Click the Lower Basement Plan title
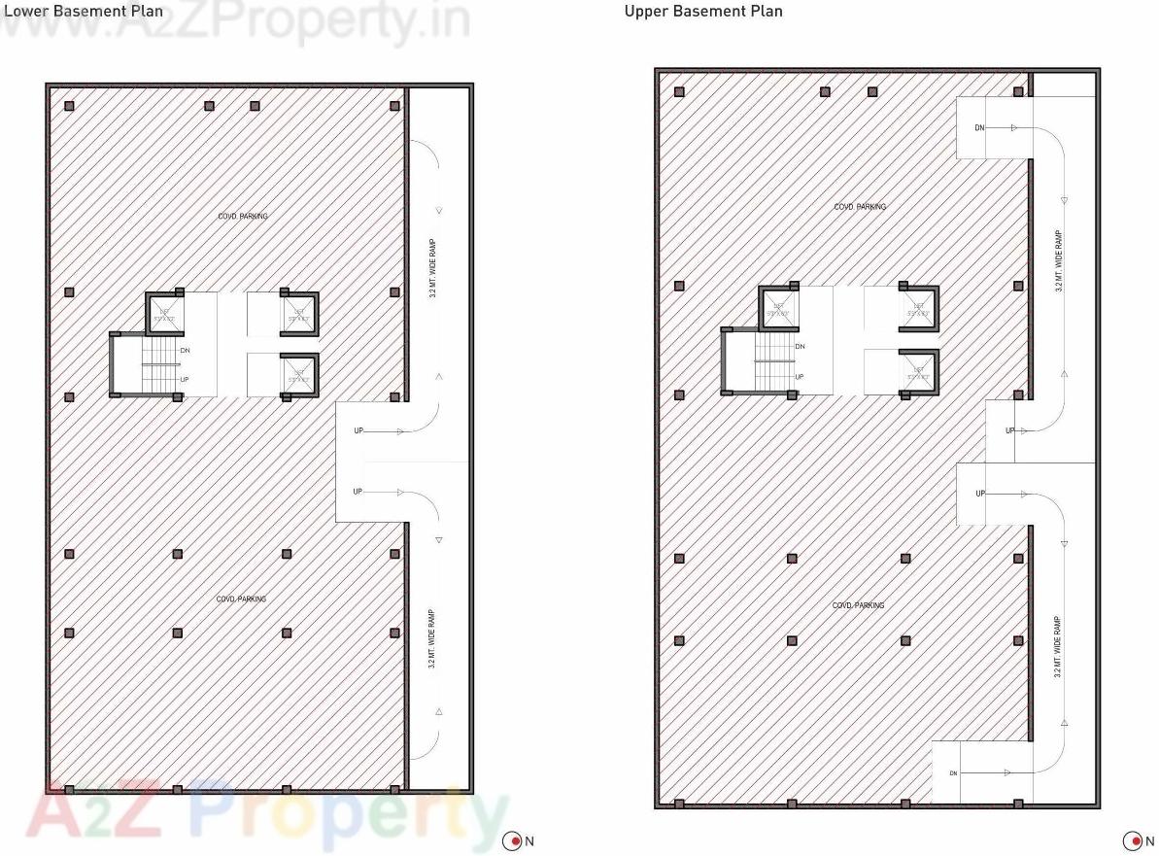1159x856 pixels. [82, 11]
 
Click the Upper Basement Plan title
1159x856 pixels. [703, 12]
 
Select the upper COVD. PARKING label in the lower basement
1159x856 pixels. [243, 217]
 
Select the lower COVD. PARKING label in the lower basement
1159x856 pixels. [241, 599]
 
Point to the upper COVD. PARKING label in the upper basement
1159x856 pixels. [860, 207]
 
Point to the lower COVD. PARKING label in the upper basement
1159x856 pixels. [858, 605]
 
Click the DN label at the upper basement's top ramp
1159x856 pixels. [979, 128]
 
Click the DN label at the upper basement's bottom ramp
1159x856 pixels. [953, 772]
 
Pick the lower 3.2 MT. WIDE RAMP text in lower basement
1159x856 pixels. [431, 638]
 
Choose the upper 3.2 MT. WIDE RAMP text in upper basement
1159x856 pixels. [1059, 260]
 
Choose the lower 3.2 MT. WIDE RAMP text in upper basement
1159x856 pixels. [1057, 646]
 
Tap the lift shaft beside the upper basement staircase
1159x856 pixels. [777, 309]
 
